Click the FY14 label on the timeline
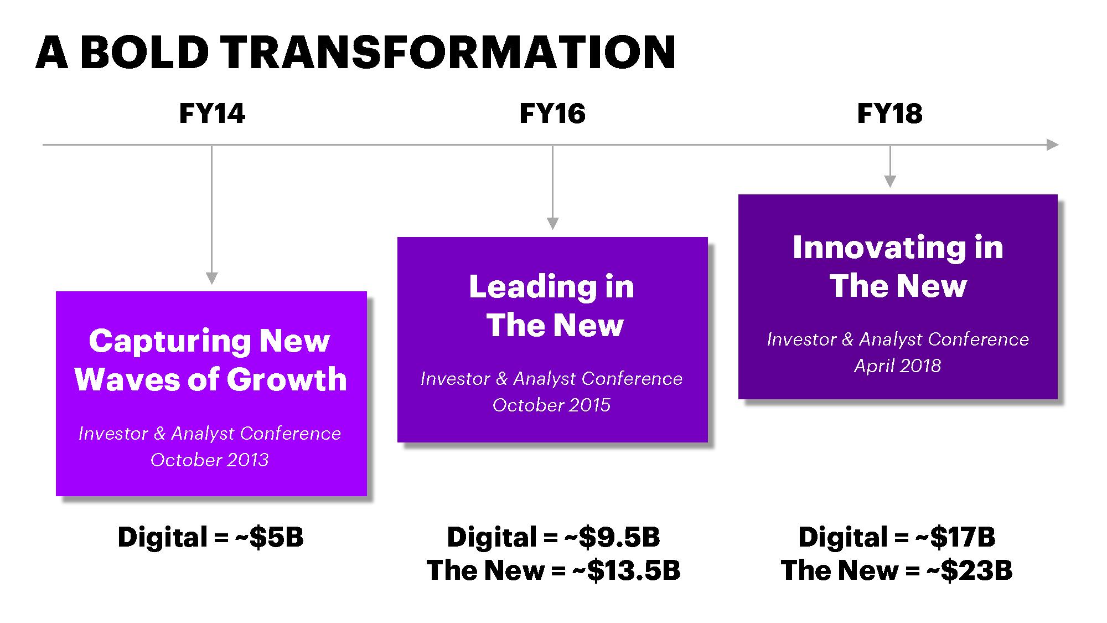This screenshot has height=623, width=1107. click(212, 114)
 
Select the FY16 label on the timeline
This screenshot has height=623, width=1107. click(552, 114)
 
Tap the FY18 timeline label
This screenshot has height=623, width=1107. click(890, 114)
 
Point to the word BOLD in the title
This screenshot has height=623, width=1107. click(146, 53)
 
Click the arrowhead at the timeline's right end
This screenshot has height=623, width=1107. click(1053, 145)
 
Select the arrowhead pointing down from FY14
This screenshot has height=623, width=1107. click(211, 278)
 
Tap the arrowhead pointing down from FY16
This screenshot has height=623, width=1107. click(552, 223)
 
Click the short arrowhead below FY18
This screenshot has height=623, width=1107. click(890, 181)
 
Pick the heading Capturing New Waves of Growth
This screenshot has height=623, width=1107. click(210, 360)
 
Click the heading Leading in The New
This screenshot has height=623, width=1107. click(552, 306)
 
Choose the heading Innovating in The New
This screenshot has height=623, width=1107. click(898, 266)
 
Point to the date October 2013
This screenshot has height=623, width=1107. click(210, 460)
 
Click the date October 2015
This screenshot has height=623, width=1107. click(552, 405)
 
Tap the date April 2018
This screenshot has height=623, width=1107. click(898, 365)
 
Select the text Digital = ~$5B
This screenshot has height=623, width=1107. click(211, 537)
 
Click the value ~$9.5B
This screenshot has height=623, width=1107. click(612, 537)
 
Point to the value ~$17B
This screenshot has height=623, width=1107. click(955, 537)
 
